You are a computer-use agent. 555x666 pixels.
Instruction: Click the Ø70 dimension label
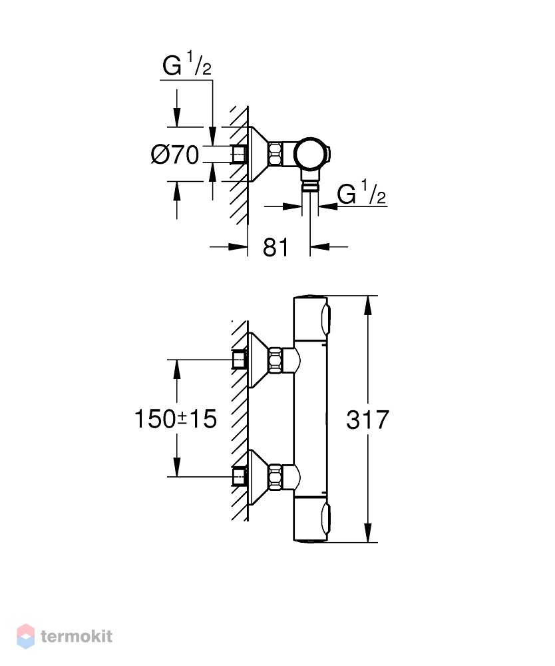point(175,155)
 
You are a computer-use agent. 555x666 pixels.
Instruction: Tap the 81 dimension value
point(276,247)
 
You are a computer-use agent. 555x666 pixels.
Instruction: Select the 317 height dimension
point(367,420)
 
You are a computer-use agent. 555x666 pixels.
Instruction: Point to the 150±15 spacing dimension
point(175,419)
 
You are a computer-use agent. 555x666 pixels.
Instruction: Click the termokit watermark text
point(77,636)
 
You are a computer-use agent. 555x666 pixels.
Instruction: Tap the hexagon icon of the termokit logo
point(25,636)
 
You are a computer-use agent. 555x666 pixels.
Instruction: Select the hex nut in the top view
point(275,154)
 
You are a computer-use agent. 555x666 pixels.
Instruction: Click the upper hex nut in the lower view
point(275,360)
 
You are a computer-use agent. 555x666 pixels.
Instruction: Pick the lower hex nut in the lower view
point(275,477)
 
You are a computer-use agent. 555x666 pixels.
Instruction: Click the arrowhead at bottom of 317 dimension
point(368,533)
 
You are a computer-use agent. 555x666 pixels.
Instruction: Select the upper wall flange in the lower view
point(258,360)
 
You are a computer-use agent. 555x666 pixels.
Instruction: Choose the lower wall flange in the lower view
point(258,478)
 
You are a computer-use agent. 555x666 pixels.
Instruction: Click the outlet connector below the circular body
point(310,182)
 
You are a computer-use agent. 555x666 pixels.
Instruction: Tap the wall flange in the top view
point(258,154)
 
